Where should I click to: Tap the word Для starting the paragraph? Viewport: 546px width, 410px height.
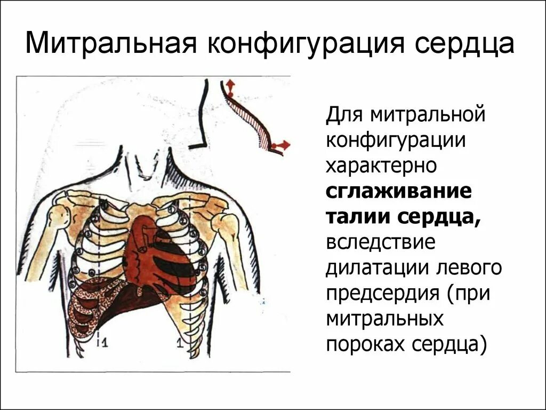pos(343,114)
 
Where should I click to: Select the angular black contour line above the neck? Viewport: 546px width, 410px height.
pos(201,117)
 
